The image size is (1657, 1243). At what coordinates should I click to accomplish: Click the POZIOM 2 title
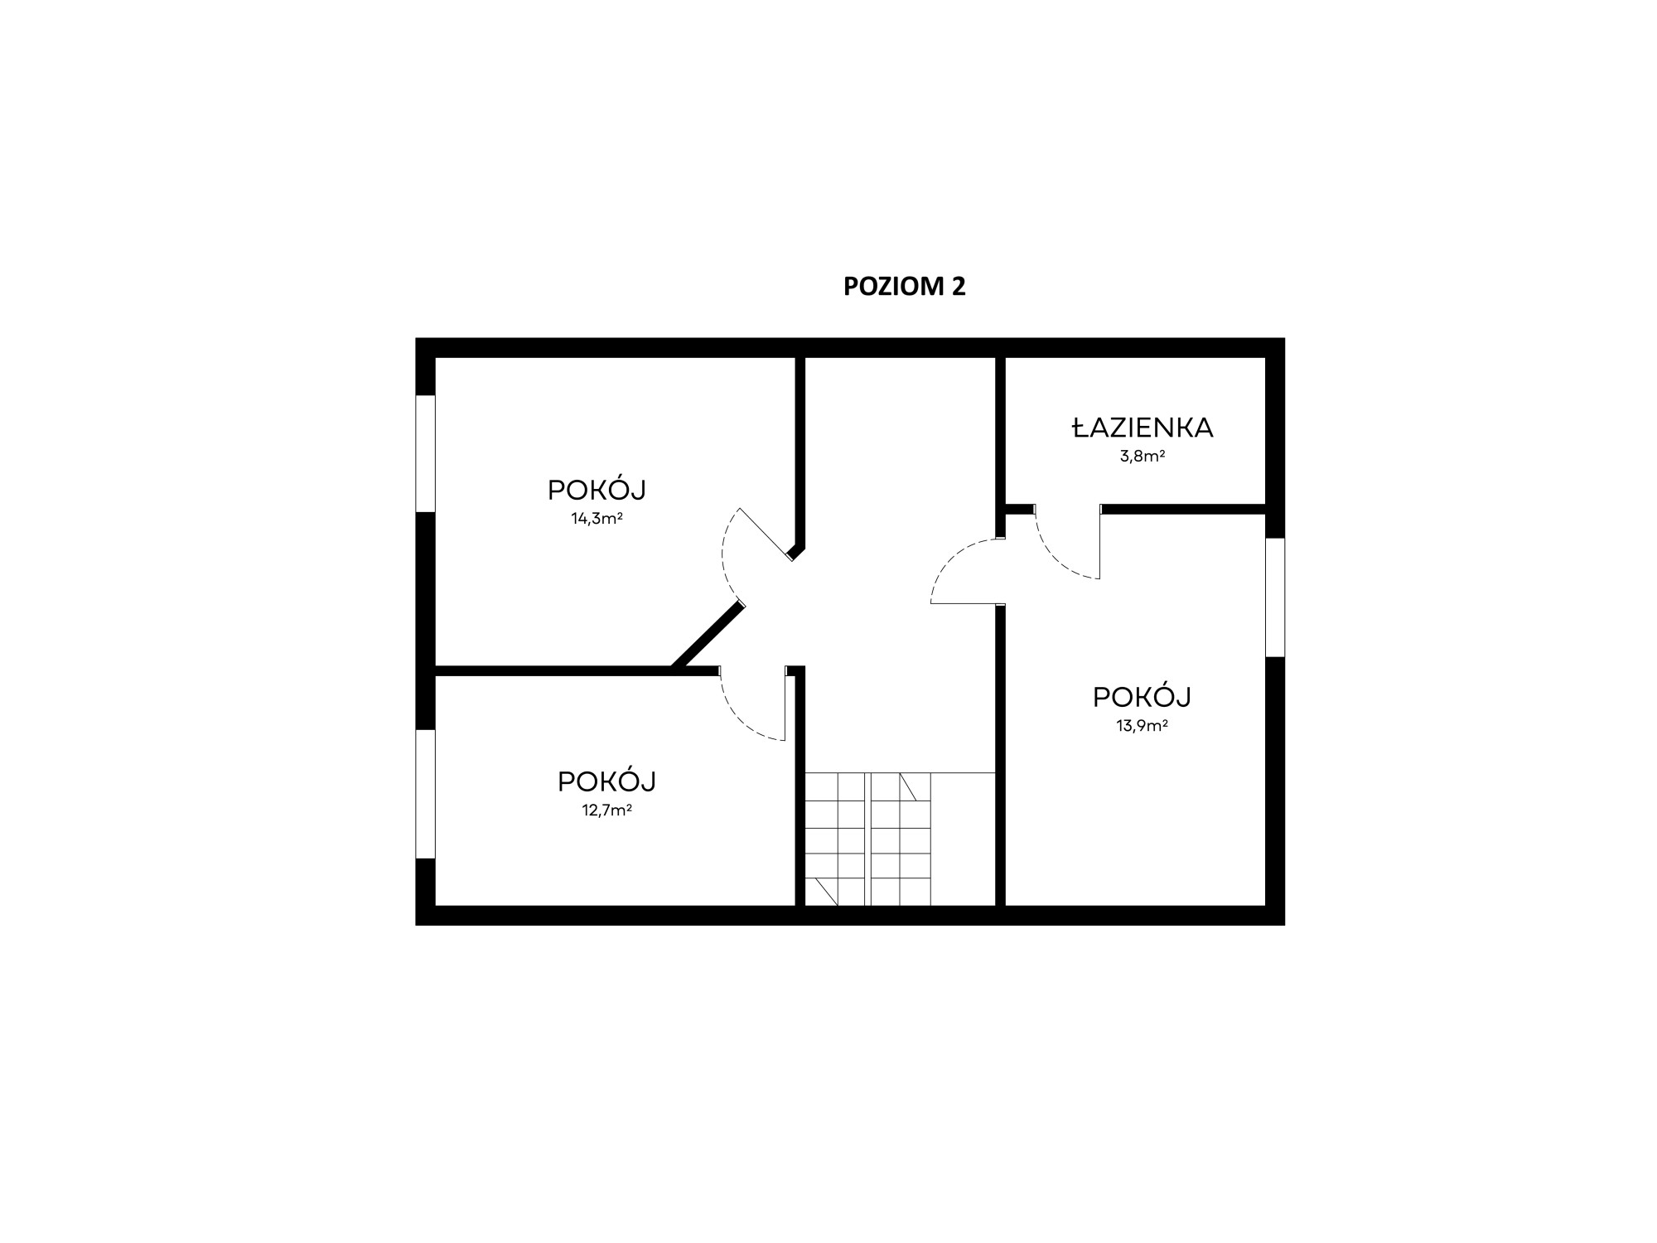[904, 286]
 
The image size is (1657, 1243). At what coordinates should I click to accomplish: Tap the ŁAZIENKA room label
[1143, 428]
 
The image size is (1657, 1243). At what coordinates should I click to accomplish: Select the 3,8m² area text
[1143, 456]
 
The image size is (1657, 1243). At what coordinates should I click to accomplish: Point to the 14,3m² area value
[597, 519]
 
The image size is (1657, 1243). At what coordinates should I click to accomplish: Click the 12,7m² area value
[606, 810]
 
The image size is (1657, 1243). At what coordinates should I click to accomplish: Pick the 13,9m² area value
[1142, 726]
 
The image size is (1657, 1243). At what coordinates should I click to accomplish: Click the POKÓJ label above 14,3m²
[597, 490]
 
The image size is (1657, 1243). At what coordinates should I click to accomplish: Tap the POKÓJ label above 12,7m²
[606, 781]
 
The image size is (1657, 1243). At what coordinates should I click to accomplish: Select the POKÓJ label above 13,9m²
[1142, 697]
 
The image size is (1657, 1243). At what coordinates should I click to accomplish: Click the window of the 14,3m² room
[425, 453]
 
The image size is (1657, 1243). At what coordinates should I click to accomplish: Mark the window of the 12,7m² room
[425, 794]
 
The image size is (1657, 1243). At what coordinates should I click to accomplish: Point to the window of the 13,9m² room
[1275, 597]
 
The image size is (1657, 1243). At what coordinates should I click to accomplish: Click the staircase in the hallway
[900, 839]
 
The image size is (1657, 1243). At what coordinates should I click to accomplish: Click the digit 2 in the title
[958, 286]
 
